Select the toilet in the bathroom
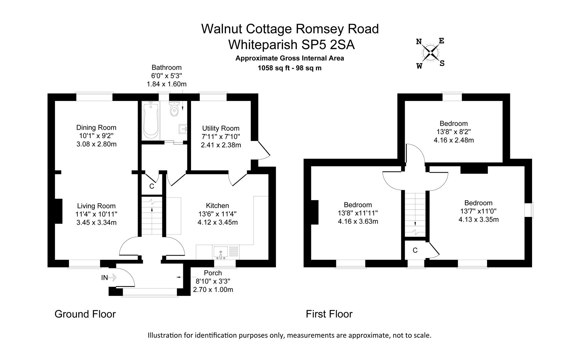(x=174, y=109)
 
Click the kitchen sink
(x=220, y=252)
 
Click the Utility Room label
(x=221, y=128)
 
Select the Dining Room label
(x=96, y=127)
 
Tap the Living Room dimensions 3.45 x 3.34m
(x=96, y=222)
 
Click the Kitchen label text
(x=217, y=206)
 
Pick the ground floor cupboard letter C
(x=152, y=186)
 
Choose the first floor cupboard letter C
(x=415, y=250)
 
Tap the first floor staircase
(x=415, y=213)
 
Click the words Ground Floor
(x=85, y=314)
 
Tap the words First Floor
(x=329, y=314)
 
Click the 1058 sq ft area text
(x=289, y=68)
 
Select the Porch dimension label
(x=213, y=281)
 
